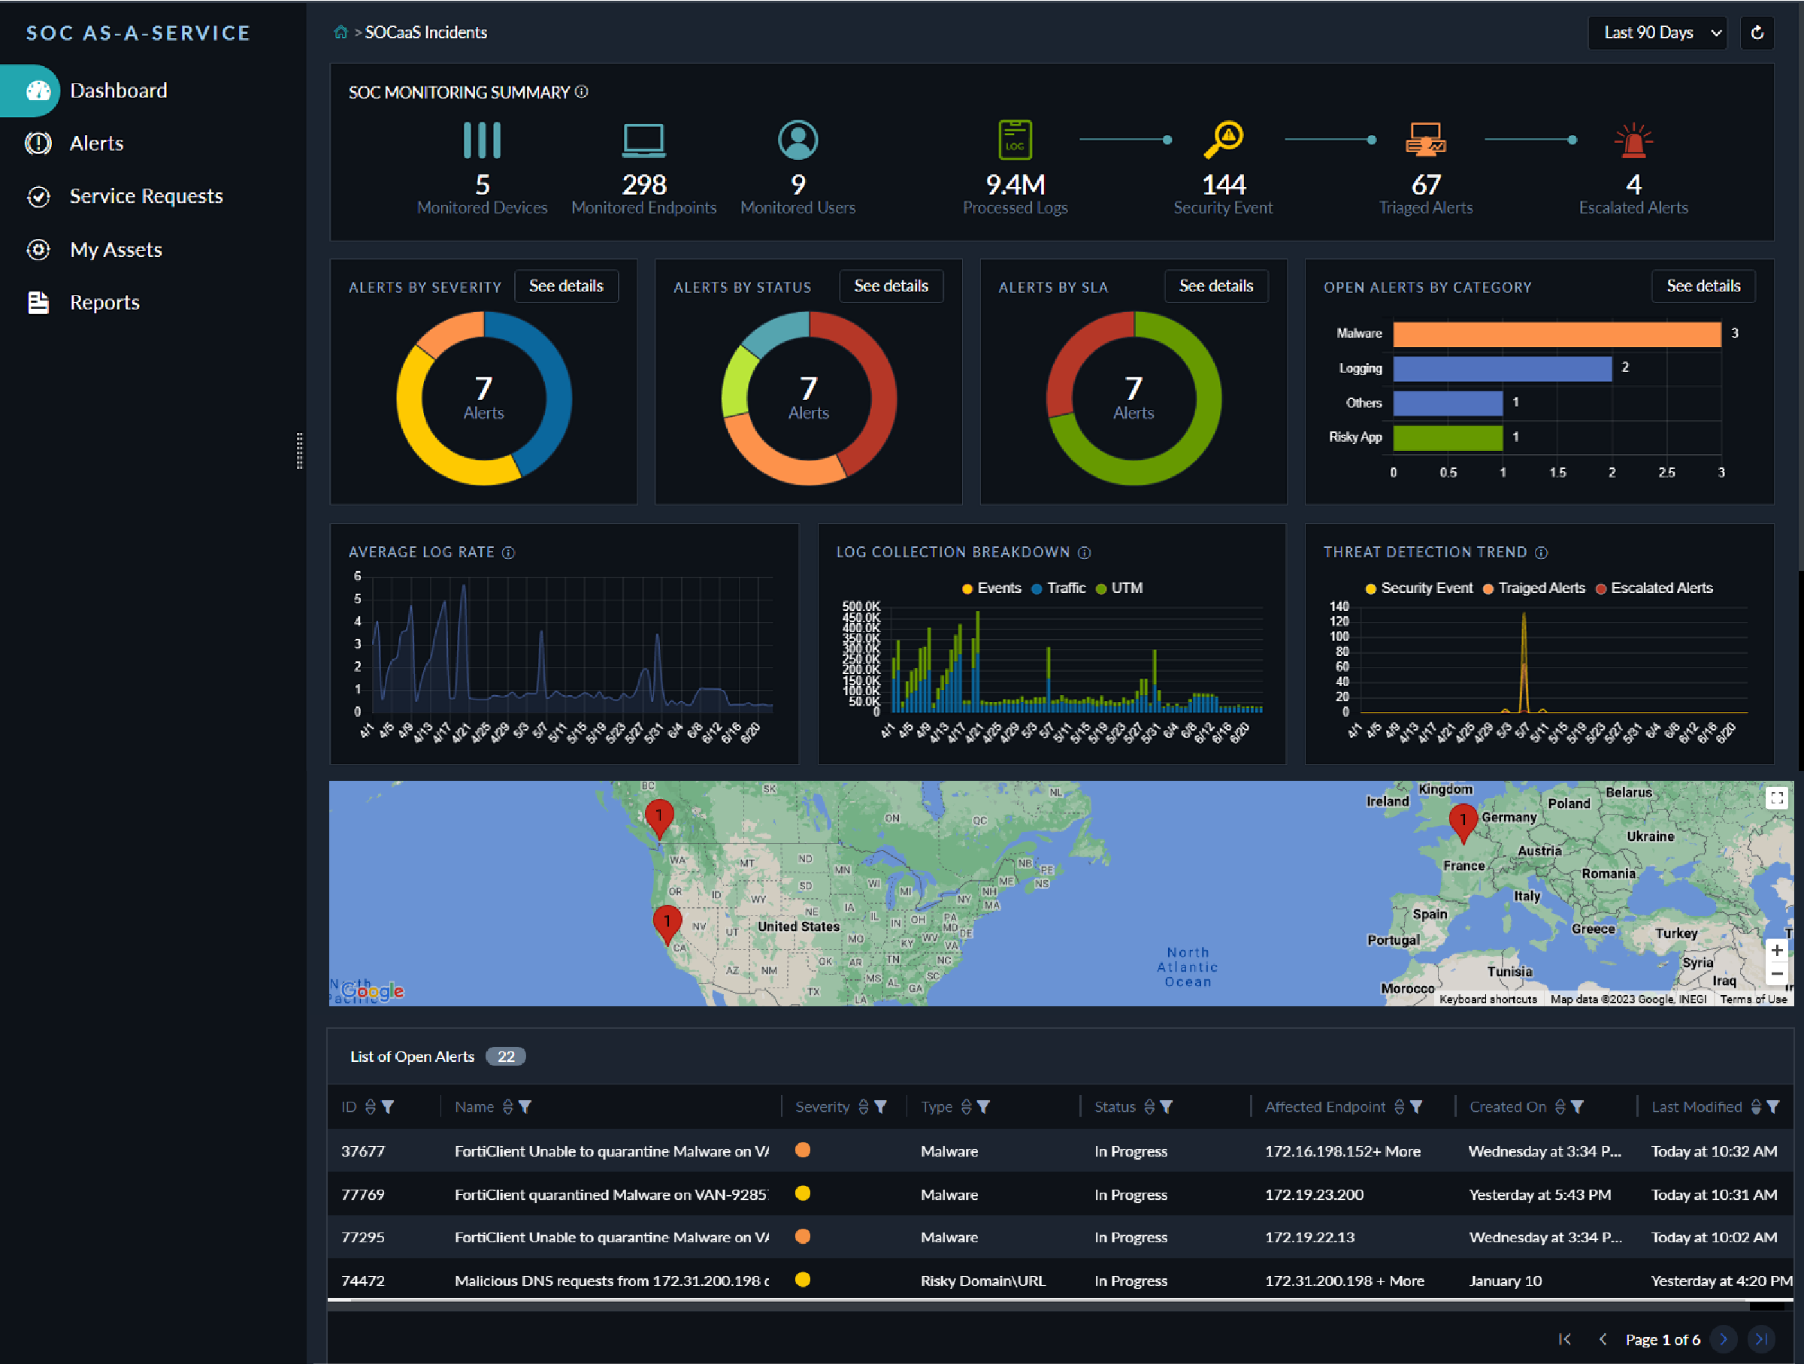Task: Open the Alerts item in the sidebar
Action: pyautogui.click(x=96, y=144)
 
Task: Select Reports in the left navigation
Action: pyautogui.click(x=104, y=302)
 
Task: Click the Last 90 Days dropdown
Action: pyautogui.click(x=1657, y=32)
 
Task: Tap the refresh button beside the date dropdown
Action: pyautogui.click(x=1757, y=32)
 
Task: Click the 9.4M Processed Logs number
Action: pyautogui.click(x=1015, y=185)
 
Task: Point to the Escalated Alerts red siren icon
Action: pyautogui.click(x=1633, y=141)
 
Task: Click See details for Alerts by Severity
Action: pyautogui.click(x=566, y=286)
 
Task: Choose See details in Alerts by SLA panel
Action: pyautogui.click(x=1215, y=286)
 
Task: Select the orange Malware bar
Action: pyautogui.click(x=1556, y=334)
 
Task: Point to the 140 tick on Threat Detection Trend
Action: pyautogui.click(x=1339, y=606)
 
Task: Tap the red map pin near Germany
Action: pyautogui.click(x=1462, y=819)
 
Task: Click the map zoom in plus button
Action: pyautogui.click(x=1776, y=950)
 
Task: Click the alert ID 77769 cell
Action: pyautogui.click(x=363, y=1194)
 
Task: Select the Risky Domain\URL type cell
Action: pyautogui.click(x=982, y=1281)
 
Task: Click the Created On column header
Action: pyautogui.click(x=1507, y=1106)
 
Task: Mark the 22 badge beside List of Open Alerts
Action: pyautogui.click(x=506, y=1057)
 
